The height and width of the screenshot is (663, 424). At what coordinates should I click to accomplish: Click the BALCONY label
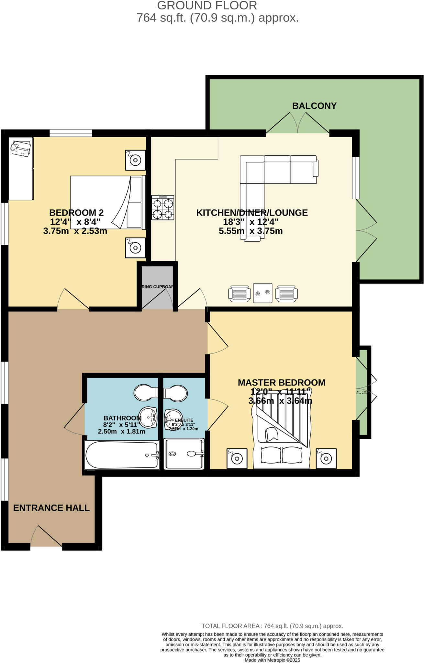pyautogui.click(x=314, y=106)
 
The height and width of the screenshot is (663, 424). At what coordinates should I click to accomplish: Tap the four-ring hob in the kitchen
pyautogui.click(x=163, y=208)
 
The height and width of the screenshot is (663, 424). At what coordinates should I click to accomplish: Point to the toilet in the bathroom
pyautogui.click(x=146, y=392)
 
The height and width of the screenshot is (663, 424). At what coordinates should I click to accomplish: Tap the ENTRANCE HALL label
pyautogui.click(x=51, y=508)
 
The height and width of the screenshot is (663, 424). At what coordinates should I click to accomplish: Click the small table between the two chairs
pyautogui.click(x=262, y=293)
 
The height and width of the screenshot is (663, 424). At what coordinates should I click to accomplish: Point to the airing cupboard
pyautogui.click(x=157, y=287)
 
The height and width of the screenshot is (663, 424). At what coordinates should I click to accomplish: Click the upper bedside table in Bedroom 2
pyautogui.click(x=135, y=160)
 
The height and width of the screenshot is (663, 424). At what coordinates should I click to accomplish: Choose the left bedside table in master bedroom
pyautogui.click(x=237, y=458)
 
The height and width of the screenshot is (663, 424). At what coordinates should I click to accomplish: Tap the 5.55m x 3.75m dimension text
pyautogui.click(x=251, y=231)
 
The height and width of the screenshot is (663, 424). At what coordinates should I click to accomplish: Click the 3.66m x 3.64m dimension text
pyautogui.click(x=280, y=401)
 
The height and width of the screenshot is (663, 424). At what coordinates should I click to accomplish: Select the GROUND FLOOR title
pyautogui.click(x=207, y=6)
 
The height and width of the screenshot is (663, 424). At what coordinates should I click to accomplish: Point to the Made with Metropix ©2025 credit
pyautogui.click(x=272, y=660)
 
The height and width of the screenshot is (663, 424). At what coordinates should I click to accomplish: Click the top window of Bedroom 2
pyautogui.click(x=71, y=133)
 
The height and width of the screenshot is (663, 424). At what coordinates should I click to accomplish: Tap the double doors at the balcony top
pyautogui.click(x=298, y=125)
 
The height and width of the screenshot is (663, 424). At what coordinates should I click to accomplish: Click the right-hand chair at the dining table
pyautogui.click(x=286, y=294)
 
